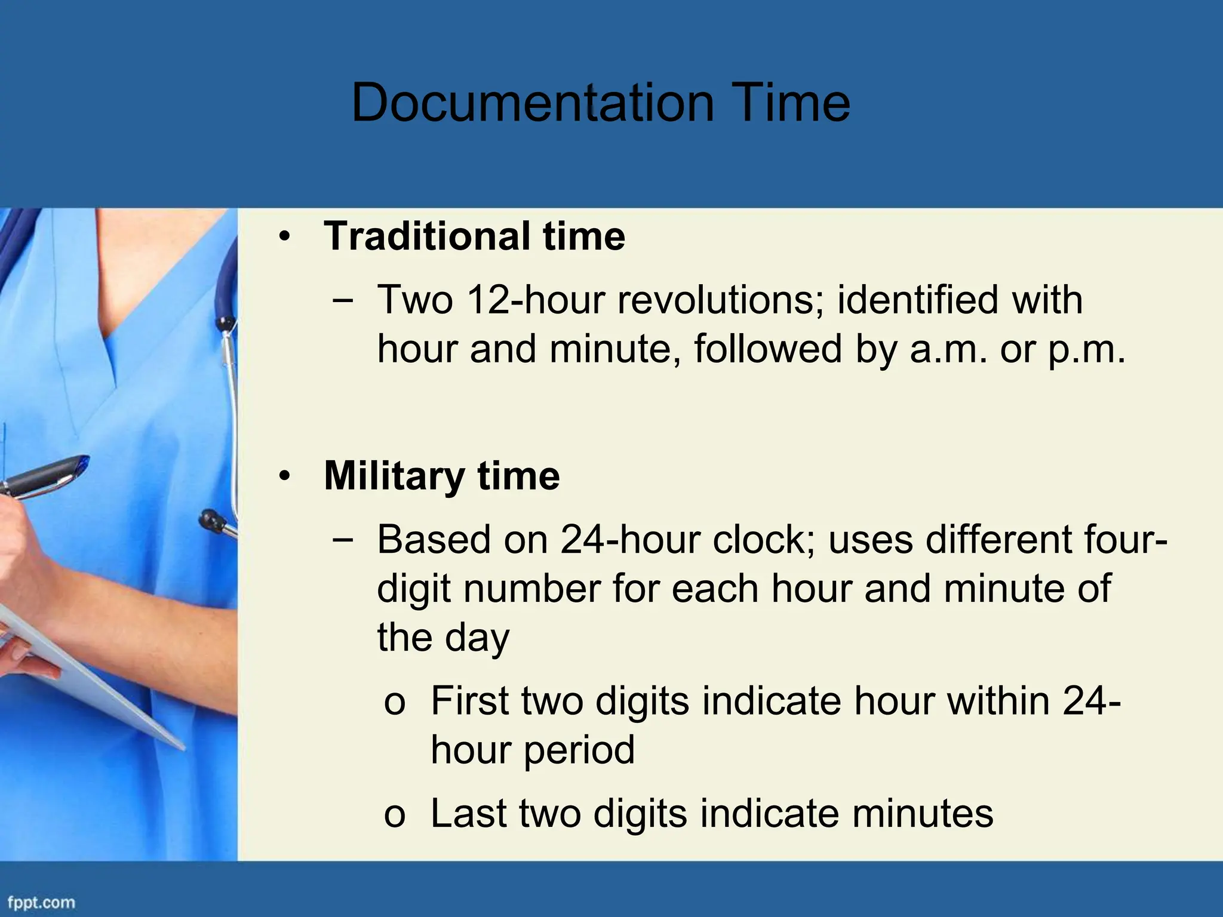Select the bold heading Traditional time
tap(474, 236)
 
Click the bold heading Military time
tap(441, 476)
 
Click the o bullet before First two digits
tap(395, 702)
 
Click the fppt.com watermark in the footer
tap(41, 902)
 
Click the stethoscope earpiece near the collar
tap(225, 323)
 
